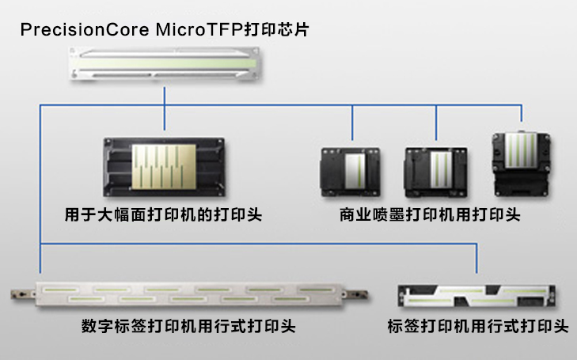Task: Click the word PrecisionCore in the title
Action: coord(69,30)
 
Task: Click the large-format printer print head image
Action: coord(165,169)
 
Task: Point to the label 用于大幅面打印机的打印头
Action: coord(164,214)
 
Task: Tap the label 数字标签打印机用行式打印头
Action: coord(188,326)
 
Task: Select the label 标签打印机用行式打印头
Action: coord(478,326)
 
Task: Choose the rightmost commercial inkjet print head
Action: coord(521,164)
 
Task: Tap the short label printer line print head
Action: coord(476,296)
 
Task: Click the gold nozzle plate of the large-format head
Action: coord(162,165)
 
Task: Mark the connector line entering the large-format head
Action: coord(165,119)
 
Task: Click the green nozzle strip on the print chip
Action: coord(164,62)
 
